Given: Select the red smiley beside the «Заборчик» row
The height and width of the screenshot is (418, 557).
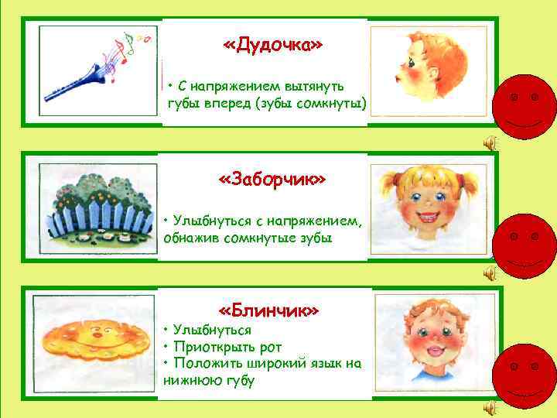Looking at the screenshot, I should coord(525,242).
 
